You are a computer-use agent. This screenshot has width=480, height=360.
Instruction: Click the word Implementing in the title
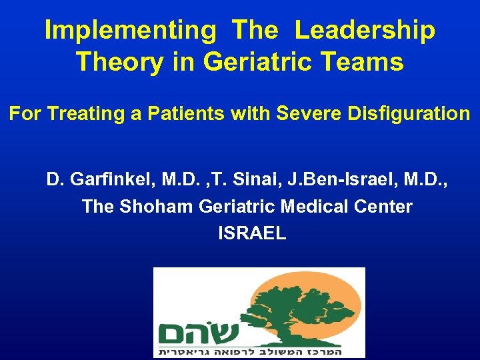pos(126,31)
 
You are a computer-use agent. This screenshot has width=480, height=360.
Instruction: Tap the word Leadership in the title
pos(365,31)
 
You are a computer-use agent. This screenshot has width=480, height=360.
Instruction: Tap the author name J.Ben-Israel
pos(351,180)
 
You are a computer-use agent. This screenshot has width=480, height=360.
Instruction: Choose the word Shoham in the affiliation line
pos(157,207)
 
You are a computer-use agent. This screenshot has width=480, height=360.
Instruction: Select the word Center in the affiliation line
pos(387,207)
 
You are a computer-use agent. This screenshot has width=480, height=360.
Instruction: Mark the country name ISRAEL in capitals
pos(252,233)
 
